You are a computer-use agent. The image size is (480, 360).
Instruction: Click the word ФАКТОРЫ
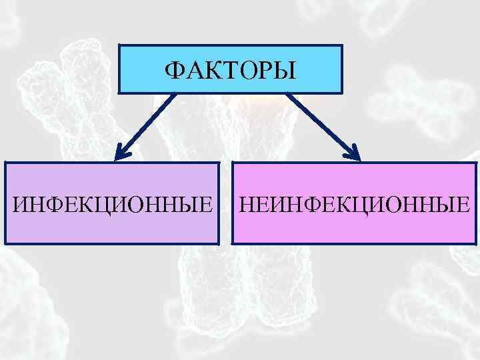tap(230, 69)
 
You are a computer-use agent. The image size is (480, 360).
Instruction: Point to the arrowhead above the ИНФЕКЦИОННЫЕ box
tap(120, 154)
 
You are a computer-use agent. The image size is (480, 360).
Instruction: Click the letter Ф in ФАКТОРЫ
tap(173, 69)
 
